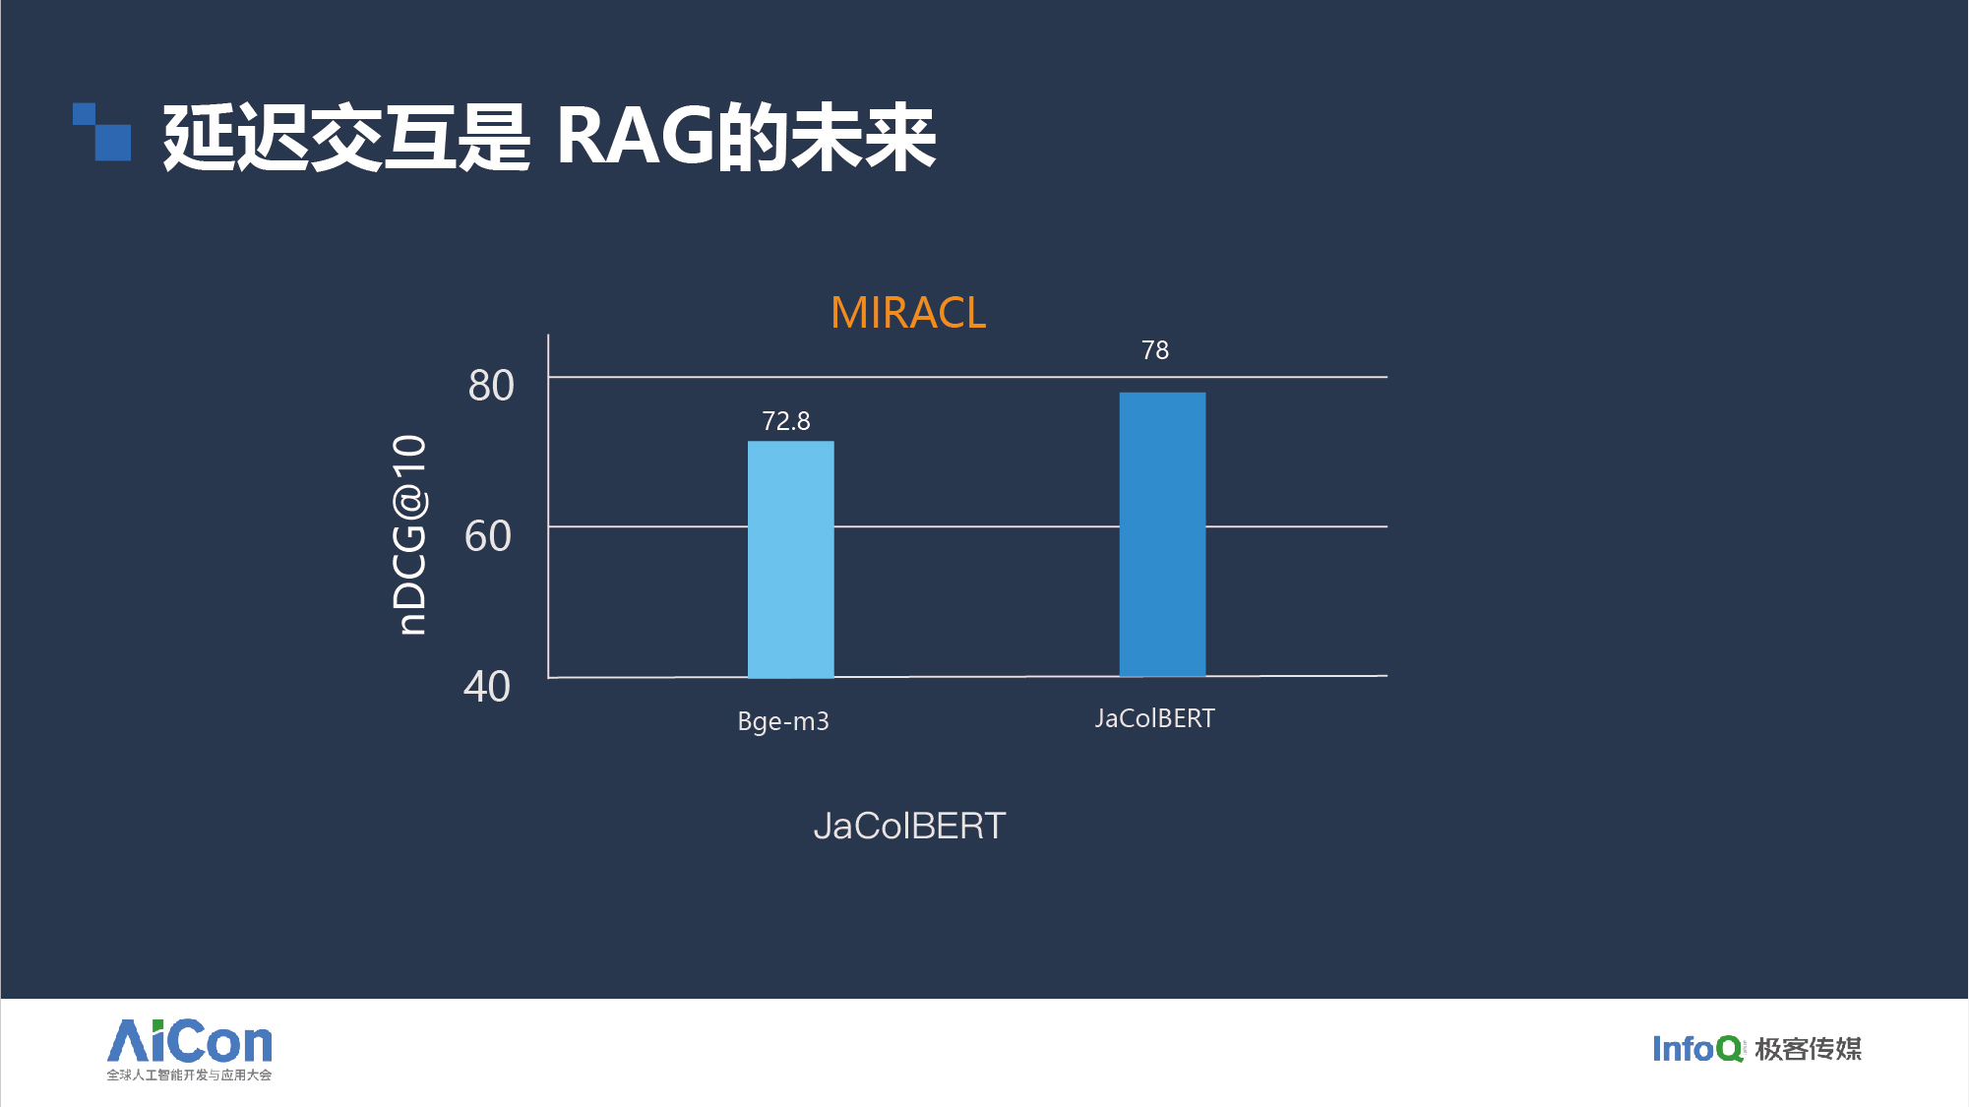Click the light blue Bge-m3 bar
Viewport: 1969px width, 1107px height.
coord(790,559)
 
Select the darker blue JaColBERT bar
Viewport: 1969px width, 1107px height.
coord(1162,534)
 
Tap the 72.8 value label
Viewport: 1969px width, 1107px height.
coord(786,421)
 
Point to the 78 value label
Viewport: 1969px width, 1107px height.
coord(1155,350)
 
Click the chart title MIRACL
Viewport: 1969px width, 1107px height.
coord(908,313)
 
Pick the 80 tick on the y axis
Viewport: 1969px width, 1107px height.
coord(491,386)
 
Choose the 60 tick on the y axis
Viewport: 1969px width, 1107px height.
coord(488,536)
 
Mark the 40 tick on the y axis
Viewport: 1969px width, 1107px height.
coord(487,687)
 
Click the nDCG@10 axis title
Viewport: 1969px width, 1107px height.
coord(409,534)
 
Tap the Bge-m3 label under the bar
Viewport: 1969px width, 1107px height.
coord(783,721)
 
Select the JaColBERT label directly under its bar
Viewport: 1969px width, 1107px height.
coord(1155,718)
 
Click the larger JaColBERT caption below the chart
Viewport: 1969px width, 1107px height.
coord(909,826)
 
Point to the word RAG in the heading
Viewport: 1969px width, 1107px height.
coord(636,136)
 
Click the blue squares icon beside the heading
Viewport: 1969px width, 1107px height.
coord(101,132)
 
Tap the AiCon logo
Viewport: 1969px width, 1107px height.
coord(190,1041)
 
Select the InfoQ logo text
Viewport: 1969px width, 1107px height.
coord(1697,1049)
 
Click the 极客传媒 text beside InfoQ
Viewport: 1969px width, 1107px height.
coord(1809,1049)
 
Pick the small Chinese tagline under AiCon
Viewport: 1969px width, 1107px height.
coord(189,1075)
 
